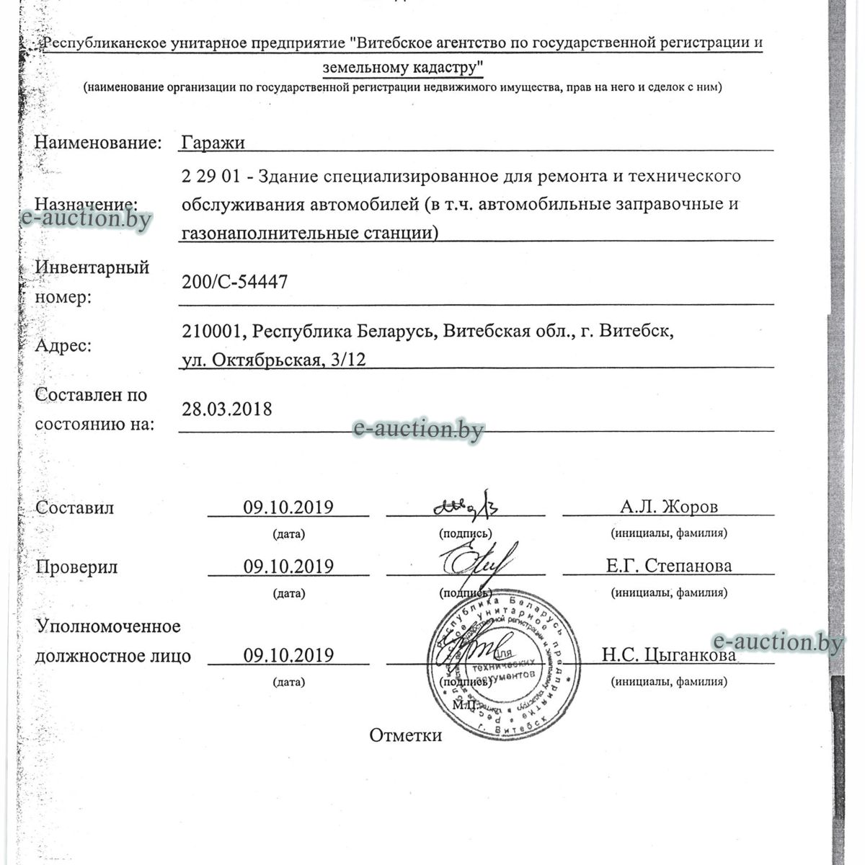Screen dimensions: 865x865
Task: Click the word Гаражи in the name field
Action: tap(213, 143)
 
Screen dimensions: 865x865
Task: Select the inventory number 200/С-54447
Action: tap(235, 282)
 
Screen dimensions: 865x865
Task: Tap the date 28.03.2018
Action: tap(227, 409)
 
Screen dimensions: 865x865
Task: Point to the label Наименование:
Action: tap(98, 142)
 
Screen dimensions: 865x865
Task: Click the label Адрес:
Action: tap(63, 346)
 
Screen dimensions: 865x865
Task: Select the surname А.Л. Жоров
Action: tap(669, 507)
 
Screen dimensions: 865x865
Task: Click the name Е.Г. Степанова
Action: tap(668, 566)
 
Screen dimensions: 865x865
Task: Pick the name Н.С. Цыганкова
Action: tap(669, 655)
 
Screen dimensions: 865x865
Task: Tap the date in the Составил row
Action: tap(288, 507)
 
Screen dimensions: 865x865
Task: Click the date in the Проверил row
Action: tap(288, 567)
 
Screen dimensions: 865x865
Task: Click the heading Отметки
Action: tap(405, 735)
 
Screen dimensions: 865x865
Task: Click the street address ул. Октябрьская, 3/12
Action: tap(274, 360)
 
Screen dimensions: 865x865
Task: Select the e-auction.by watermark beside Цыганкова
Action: tap(777, 640)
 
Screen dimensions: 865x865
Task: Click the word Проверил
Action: tap(76, 567)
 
